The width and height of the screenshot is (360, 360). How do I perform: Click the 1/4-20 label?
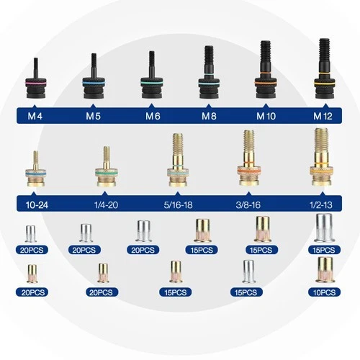click(106, 205)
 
